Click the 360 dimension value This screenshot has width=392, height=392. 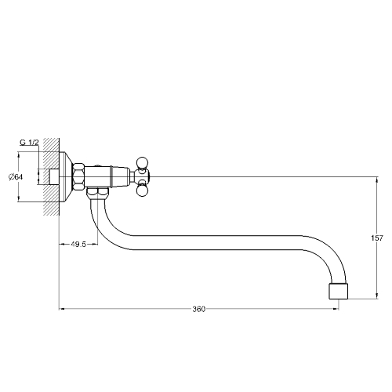[199, 309]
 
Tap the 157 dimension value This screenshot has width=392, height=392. [377, 238]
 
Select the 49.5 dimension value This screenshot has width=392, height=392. [78, 245]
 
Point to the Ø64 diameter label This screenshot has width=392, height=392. [16, 177]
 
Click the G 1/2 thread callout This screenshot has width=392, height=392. [29, 143]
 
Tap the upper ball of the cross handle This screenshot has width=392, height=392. [142, 162]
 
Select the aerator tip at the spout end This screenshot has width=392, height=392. [339, 291]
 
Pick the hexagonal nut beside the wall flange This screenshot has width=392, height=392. [78, 177]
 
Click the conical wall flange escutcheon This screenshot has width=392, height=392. [66, 177]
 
